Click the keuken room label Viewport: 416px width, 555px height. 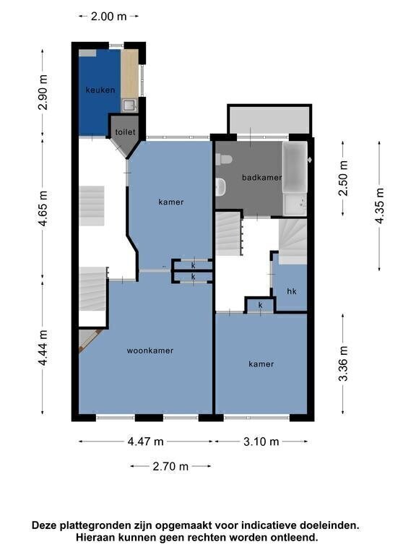100,90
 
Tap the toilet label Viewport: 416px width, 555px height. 125,132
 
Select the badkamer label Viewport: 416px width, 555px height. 261,177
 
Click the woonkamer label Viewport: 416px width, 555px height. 150,350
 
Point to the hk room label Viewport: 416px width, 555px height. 292,291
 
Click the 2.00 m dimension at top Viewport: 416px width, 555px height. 108,17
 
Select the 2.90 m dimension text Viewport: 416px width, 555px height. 43,92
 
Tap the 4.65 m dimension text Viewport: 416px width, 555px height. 43,208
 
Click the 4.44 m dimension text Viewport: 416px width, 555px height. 43,348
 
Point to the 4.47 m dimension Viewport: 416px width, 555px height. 145,442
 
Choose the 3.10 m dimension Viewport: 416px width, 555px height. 261,442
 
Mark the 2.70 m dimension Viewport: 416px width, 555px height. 170,466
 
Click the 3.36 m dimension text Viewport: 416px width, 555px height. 343,363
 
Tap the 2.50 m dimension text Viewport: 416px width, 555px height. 343,178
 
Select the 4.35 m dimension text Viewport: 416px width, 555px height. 380,206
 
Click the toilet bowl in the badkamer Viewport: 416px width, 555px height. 224,159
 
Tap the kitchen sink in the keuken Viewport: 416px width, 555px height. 129,105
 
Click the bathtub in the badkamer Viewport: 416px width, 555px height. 295,167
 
